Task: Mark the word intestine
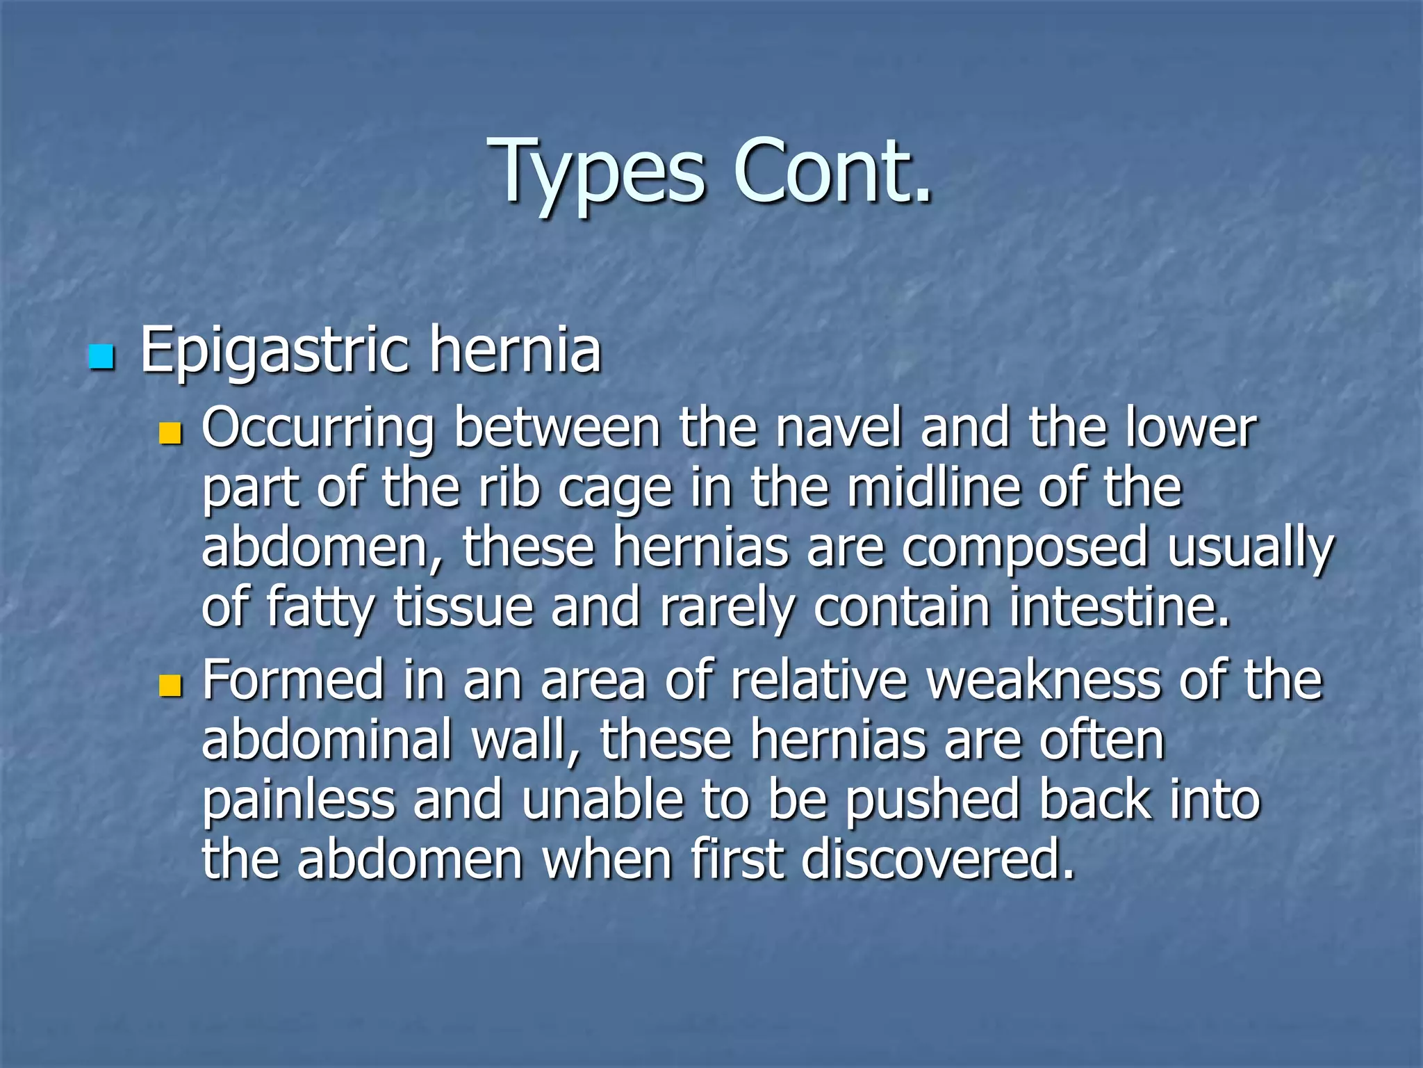(1119, 607)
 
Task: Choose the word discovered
(937, 859)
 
